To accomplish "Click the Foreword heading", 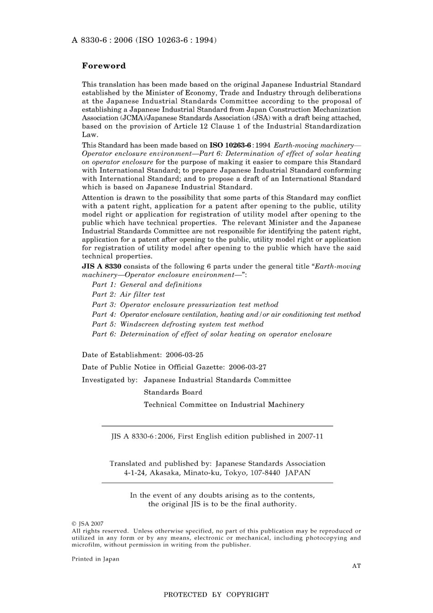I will pyautogui.click(x=103, y=66).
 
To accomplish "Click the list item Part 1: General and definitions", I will pyautogui.click(x=147, y=285).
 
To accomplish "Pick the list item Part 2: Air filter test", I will pyautogui.click(x=129, y=295).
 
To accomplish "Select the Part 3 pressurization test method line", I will pyautogui.click(x=185, y=305).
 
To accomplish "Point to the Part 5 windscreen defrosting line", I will pyautogui.click(x=178, y=325).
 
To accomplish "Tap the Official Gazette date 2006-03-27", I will pyautogui.click(x=247, y=367).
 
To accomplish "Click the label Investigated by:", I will pyautogui.click(x=110, y=380).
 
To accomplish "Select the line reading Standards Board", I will pyautogui.click(x=173, y=392).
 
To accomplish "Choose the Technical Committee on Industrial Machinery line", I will pyautogui.click(x=224, y=405).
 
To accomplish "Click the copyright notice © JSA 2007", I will pyautogui.click(x=88, y=524).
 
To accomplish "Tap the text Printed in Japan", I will pyautogui.click(x=95, y=559).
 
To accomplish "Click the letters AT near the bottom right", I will pyautogui.click(x=356, y=566).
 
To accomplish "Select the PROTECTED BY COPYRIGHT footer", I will pyautogui.click(x=216, y=595).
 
